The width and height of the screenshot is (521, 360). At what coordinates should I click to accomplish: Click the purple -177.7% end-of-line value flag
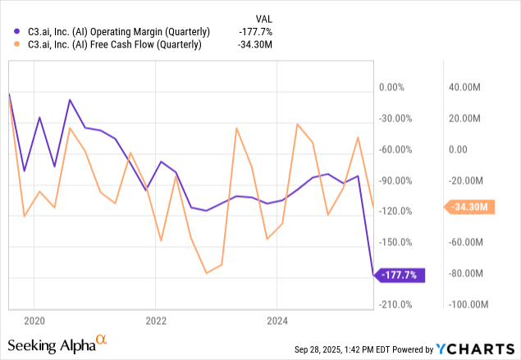pyautogui.click(x=403, y=276)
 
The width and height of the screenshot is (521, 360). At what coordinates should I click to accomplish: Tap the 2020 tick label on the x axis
pyautogui.click(x=34, y=319)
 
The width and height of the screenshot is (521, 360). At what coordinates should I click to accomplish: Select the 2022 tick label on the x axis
pyautogui.click(x=156, y=319)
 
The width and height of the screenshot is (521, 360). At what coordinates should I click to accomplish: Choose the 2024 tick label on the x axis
pyautogui.click(x=277, y=319)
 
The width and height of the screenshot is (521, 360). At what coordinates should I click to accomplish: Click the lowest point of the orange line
pyautogui.click(x=206, y=272)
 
